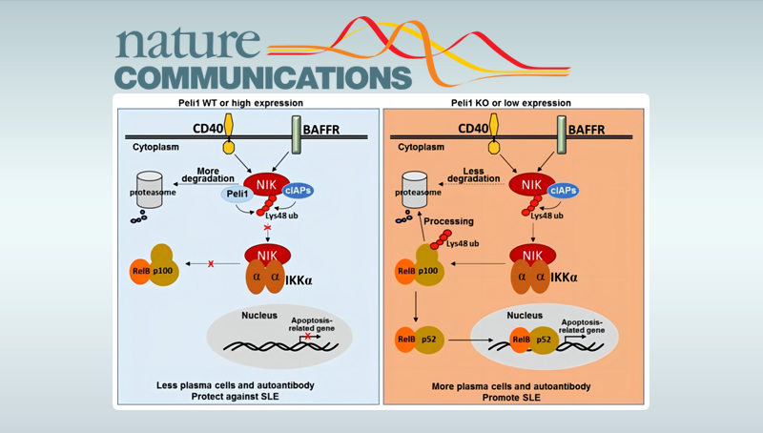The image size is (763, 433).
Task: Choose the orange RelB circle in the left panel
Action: [141, 270]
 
